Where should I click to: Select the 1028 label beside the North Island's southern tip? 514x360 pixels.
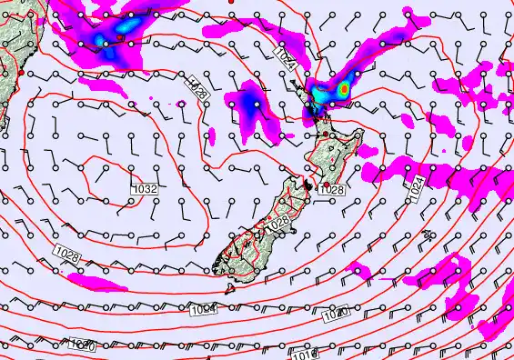coord(332,189)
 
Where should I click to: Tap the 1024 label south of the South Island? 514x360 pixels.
coord(204,310)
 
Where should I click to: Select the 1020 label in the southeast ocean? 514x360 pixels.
coord(335,315)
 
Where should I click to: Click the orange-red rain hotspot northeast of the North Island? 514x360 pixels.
coord(345,89)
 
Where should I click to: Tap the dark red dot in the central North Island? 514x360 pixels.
coord(326,134)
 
